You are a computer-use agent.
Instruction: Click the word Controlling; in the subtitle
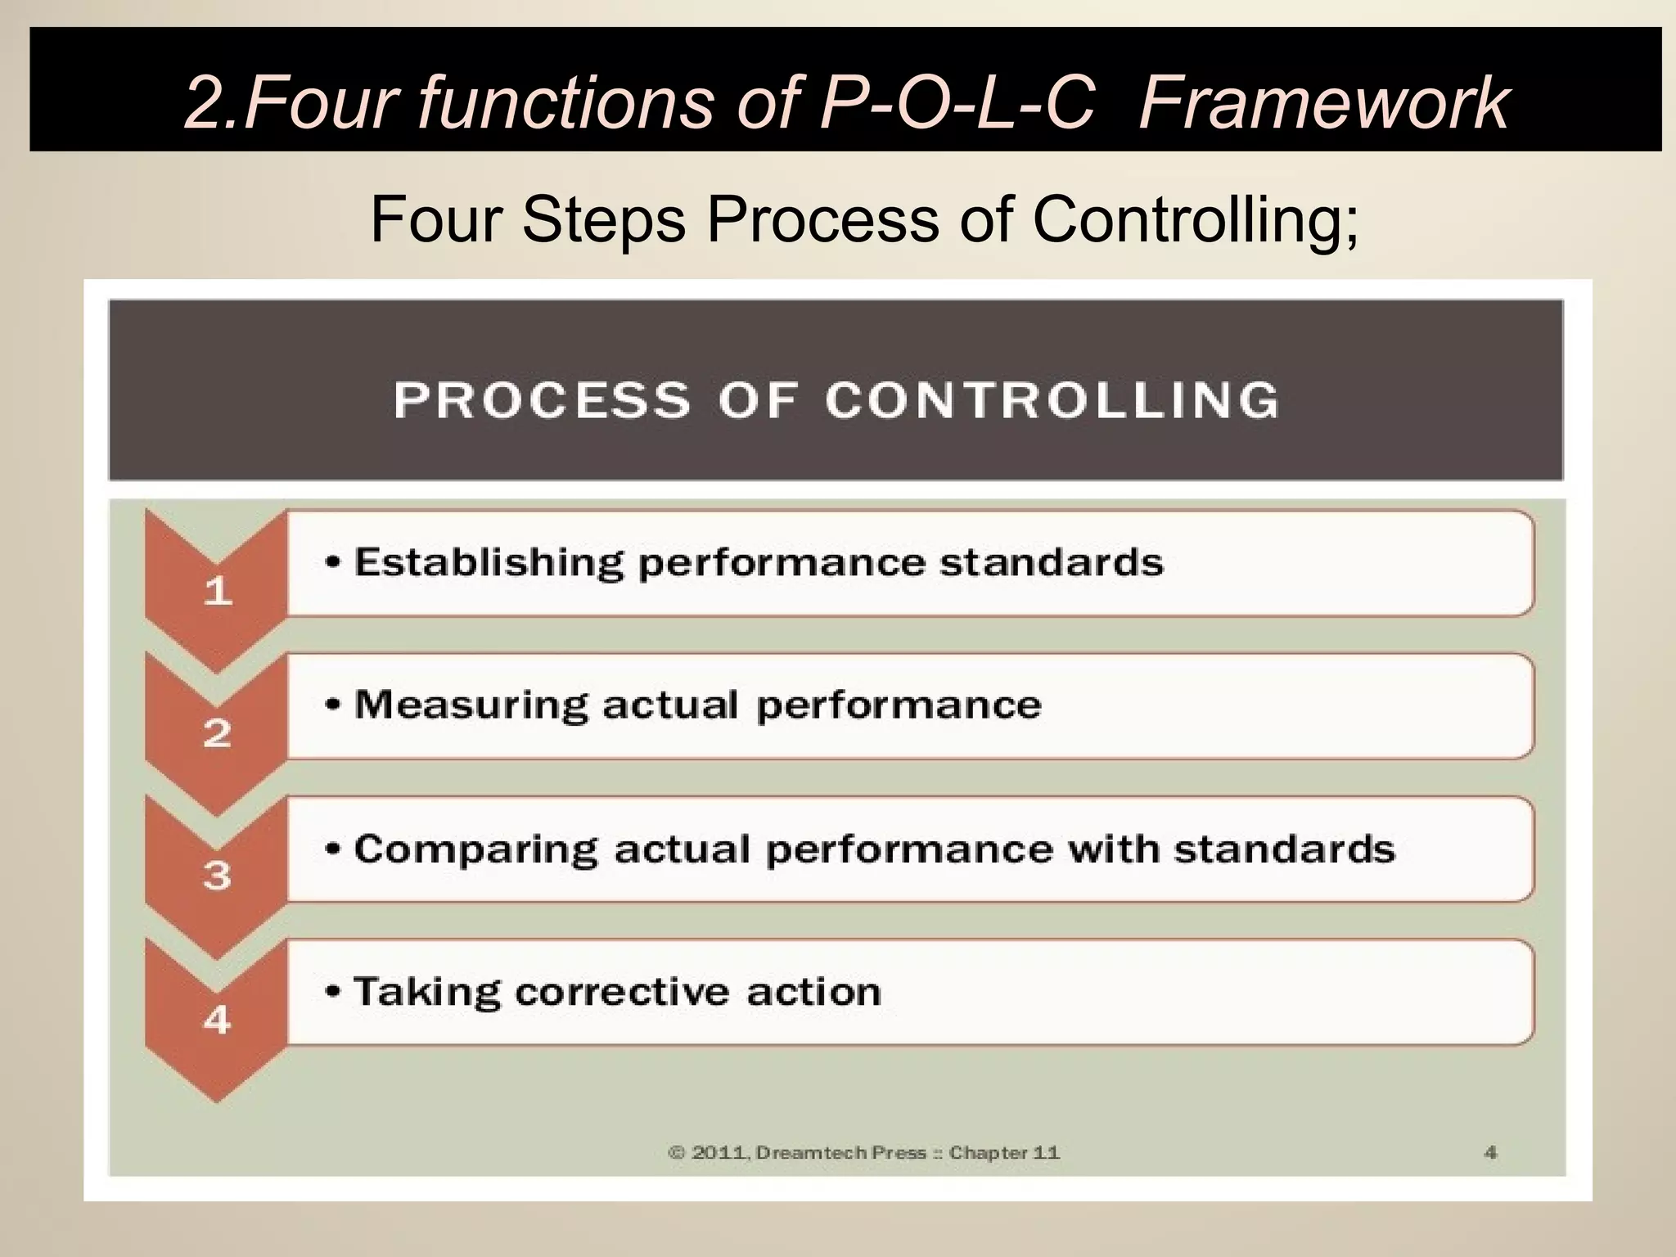1196,219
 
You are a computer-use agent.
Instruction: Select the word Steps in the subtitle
603,219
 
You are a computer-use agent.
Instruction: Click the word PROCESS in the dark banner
541,401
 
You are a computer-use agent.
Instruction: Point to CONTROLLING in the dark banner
1052,401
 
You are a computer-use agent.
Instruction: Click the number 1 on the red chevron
218,590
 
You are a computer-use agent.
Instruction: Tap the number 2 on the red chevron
218,733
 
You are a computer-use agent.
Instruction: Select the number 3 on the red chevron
218,876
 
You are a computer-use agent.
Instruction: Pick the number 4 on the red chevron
218,1020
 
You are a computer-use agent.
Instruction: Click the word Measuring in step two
471,705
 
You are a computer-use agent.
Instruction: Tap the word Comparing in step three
475,849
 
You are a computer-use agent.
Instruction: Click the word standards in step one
1051,563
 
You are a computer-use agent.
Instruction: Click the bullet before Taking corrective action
332,992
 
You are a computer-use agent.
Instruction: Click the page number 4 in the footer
1490,1152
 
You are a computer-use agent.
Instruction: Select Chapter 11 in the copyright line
1004,1153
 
